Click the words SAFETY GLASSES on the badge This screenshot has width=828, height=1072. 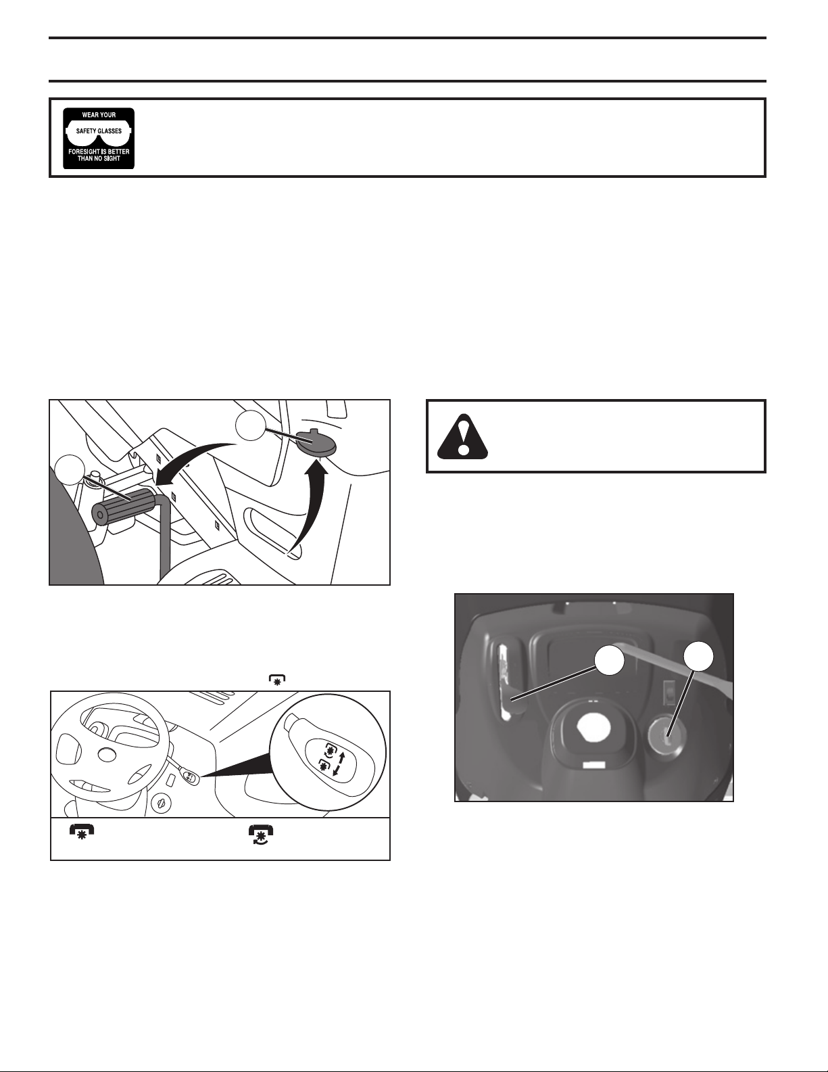(99, 131)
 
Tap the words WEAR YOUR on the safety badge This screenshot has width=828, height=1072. (99, 115)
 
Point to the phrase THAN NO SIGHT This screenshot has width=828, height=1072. (99, 159)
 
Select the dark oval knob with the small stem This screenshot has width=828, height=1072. (316, 442)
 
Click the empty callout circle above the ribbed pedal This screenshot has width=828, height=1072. (68, 469)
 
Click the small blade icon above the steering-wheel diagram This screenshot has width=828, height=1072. (278, 679)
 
